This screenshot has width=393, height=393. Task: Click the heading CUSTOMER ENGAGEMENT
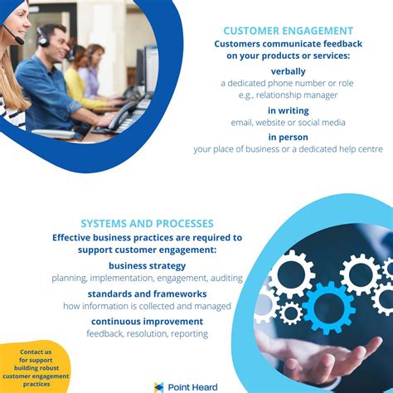pyautogui.click(x=288, y=31)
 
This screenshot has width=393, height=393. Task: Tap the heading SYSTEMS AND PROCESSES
pyautogui.click(x=147, y=223)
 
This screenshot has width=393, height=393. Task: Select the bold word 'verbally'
pyautogui.click(x=288, y=71)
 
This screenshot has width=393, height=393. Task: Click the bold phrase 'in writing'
pyautogui.click(x=288, y=110)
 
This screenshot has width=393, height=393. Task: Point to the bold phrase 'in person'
pyautogui.click(x=288, y=137)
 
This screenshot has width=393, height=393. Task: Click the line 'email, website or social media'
pyautogui.click(x=288, y=123)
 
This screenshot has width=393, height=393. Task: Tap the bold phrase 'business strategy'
pyautogui.click(x=147, y=265)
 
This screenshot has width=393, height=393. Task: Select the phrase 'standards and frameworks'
pyautogui.click(x=147, y=294)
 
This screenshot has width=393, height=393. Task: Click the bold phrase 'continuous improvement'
pyautogui.click(x=147, y=321)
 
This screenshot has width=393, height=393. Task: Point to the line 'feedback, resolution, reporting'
pyautogui.click(x=147, y=333)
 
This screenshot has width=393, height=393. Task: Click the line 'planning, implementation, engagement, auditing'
pyautogui.click(x=147, y=278)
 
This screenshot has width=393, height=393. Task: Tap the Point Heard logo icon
pyautogui.click(x=159, y=386)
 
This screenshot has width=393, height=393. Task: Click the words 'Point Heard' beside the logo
pyautogui.click(x=192, y=386)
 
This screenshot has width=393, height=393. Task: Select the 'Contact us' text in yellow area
pyautogui.click(x=36, y=352)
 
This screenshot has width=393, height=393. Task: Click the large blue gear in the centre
pyautogui.click(x=327, y=306)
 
